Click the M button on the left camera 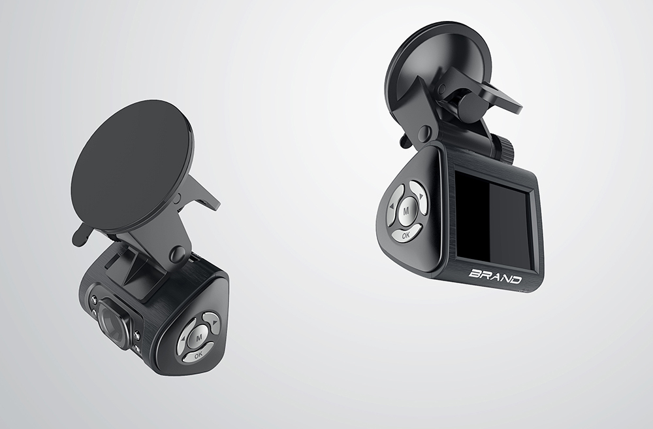point(199,337)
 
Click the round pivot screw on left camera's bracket point(176,254)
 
